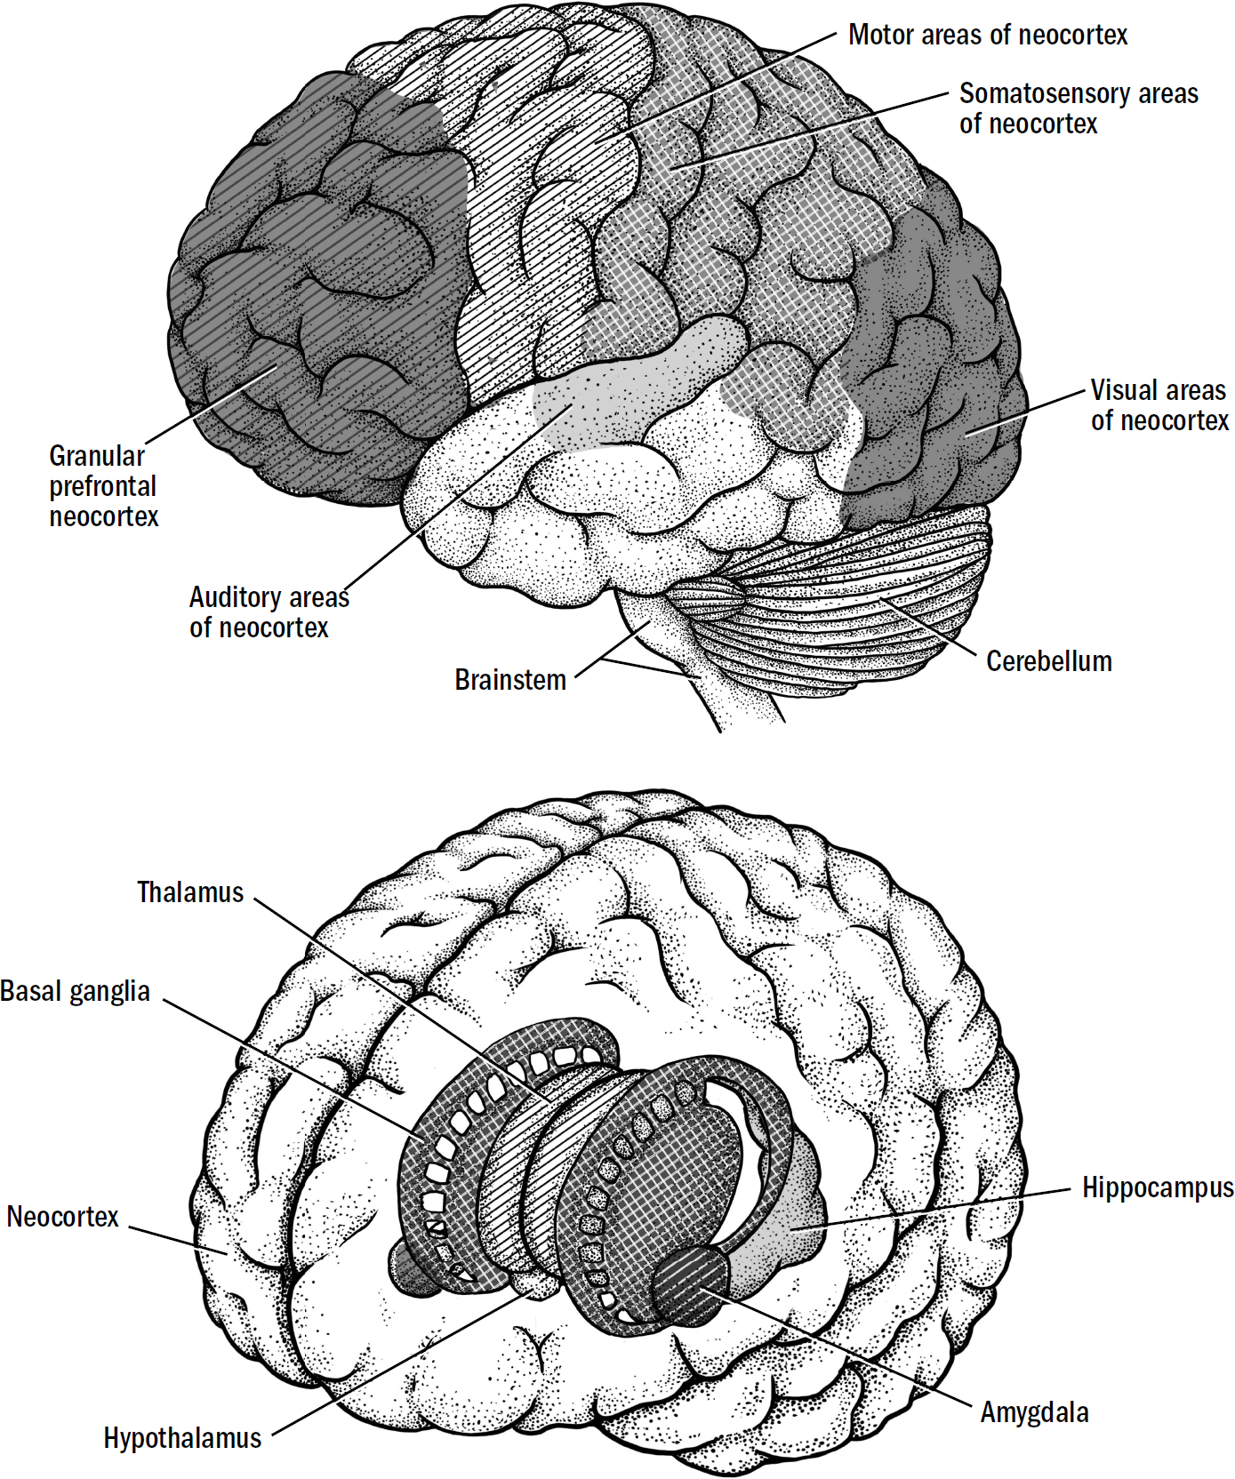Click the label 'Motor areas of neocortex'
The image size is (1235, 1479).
click(987, 36)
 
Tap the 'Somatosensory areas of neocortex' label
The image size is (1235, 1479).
click(1078, 108)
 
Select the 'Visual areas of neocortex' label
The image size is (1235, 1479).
click(1159, 405)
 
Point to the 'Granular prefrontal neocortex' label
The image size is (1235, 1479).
click(103, 486)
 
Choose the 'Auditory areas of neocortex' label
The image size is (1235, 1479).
click(268, 612)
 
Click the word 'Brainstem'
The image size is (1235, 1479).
click(510, 680)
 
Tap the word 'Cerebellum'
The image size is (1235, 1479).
click(1048, 661)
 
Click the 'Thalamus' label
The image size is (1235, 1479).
click(190, 892)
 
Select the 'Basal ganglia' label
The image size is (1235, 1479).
click(76, 991)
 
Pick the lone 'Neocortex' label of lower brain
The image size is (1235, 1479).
click(62, 1217)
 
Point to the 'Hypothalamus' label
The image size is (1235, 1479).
click(182, 1438)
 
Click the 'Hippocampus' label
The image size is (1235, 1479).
click(1157, 1188)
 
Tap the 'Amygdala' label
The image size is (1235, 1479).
click(1034, 1412)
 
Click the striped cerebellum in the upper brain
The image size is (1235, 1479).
click(854, 604)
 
